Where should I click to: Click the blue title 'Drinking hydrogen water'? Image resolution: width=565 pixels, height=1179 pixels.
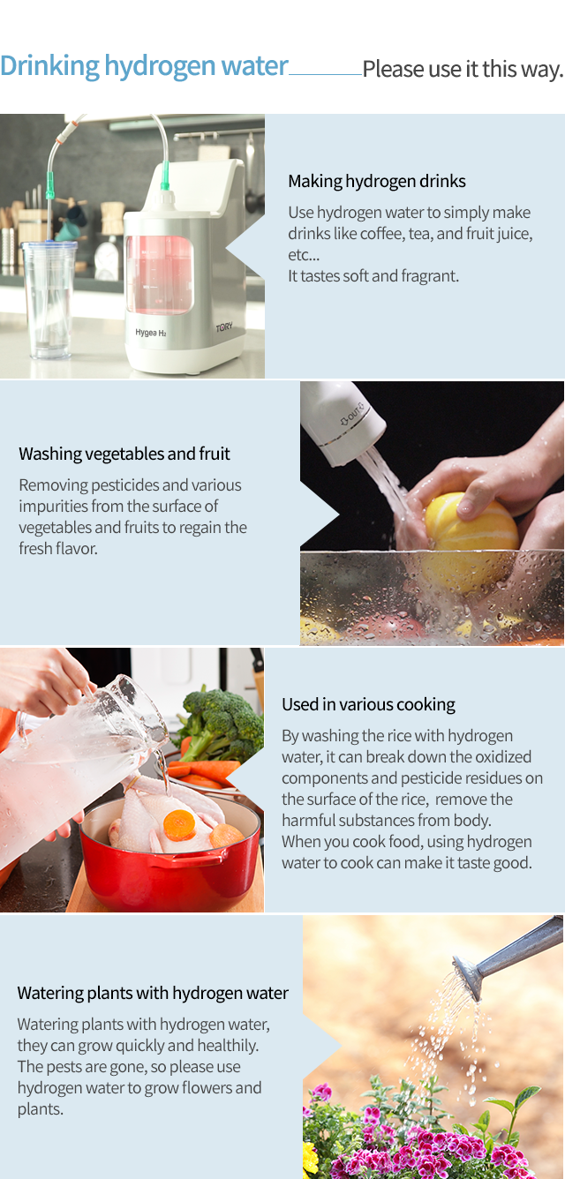(x=144, y=66)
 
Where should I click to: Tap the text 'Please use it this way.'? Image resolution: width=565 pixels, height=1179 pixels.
(x=463, y=69)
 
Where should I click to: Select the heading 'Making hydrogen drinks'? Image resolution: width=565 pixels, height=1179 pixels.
(x=376, y=181)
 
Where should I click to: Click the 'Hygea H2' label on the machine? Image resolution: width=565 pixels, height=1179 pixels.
(x=151, y=332)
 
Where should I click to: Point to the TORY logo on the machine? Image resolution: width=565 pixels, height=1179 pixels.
(x=223, y=327)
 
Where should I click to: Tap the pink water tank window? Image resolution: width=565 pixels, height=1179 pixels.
(x=159, y=274)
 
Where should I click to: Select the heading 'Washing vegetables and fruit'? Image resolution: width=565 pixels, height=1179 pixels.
(x=124, y=454)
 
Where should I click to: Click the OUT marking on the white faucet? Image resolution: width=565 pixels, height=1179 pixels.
(x=352, y=414)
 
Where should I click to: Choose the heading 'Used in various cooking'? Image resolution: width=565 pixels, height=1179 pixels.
(x=368, y=705)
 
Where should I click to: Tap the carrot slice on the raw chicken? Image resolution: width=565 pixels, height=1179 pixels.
(x=179, y=825)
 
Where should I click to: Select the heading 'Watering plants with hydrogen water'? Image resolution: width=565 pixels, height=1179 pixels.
(x=153, y=993)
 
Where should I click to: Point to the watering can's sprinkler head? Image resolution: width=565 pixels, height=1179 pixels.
(x=468, y=977)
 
